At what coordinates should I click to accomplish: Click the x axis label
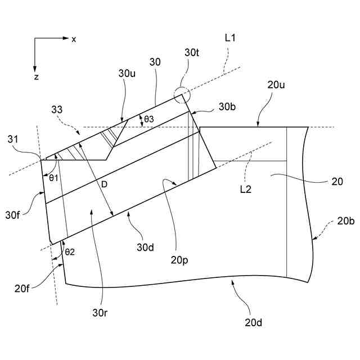pos(74,39)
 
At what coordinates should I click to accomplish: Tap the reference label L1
pos(229,38)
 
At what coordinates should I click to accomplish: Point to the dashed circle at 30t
pos(182,96)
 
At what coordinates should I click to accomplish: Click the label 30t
pos(191,53)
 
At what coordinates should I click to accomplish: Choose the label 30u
pos(126,74)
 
